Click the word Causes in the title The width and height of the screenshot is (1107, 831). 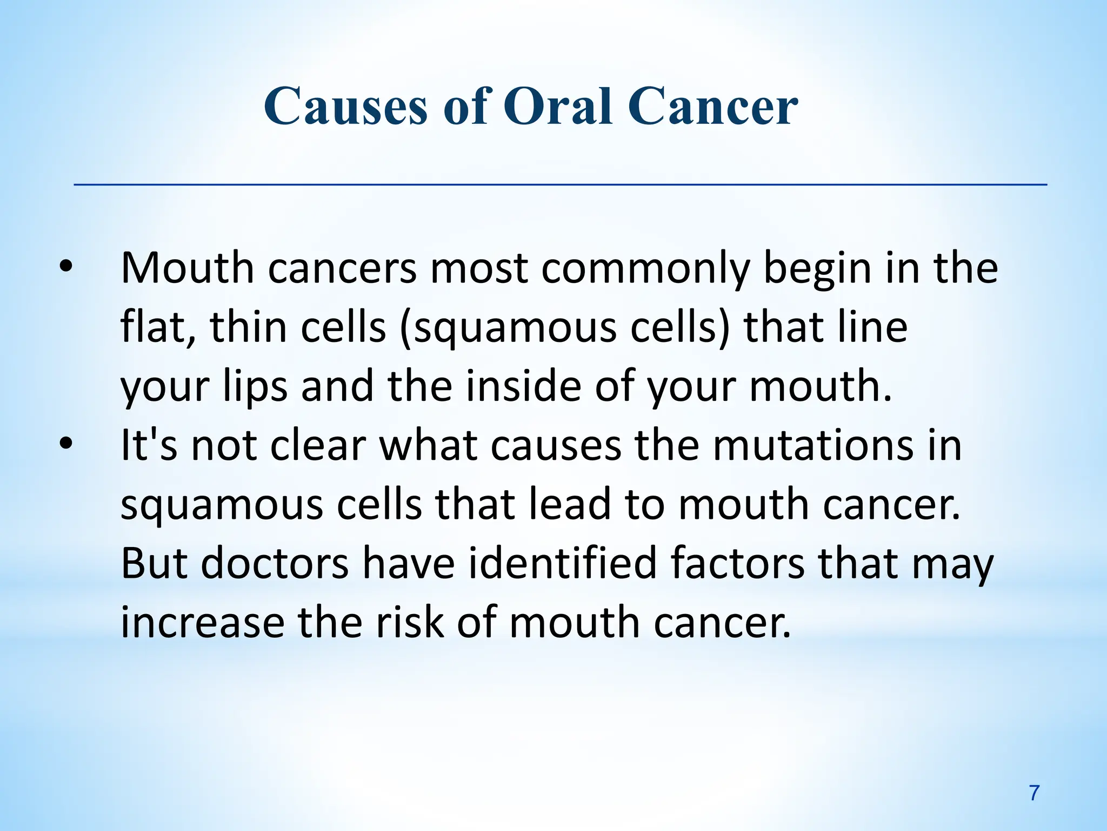click(346, 107)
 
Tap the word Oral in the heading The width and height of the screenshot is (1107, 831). click(559, 107)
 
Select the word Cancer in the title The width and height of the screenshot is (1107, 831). click(713, 107)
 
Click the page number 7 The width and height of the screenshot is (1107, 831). click(1034, 793)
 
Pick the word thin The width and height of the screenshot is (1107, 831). click(248, 327)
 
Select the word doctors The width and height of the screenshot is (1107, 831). click(275, 563)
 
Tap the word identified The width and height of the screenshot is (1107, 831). click(562, 563)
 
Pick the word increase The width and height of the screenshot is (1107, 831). click(202, 623)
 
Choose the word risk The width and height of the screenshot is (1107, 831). click(410, 623)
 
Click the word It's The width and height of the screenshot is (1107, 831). click(149, 445)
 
